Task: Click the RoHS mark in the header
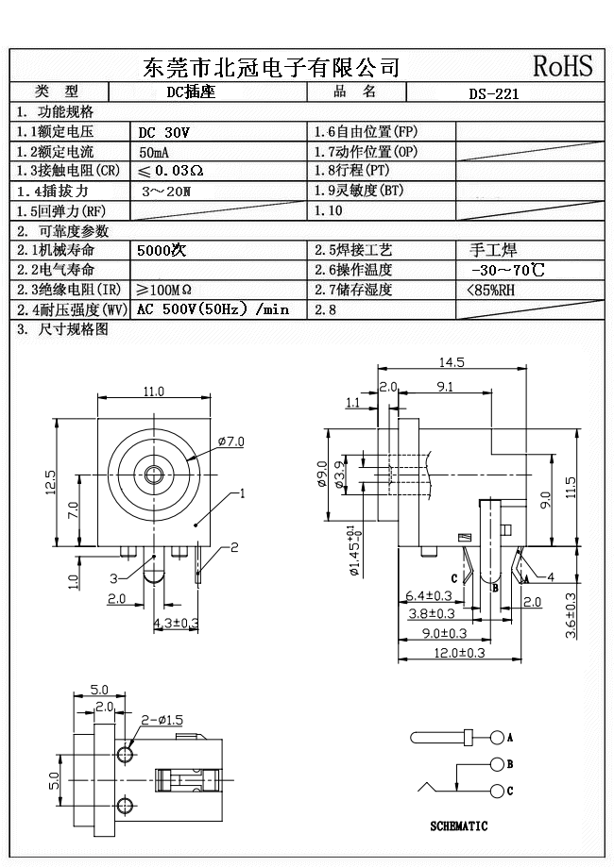[563, 66]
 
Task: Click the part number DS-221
[494, 93]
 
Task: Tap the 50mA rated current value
[156, 152]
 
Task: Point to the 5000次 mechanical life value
[162, 251]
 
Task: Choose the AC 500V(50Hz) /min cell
[213, 309]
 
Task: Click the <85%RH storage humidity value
[491, 290]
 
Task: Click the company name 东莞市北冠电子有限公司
[271, 67]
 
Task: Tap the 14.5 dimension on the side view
[452, 362]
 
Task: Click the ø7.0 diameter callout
[230, 441]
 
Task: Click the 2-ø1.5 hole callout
[161, 720]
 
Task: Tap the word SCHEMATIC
[459, 826]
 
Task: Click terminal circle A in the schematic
[497, 737]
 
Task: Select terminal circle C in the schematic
[497, 790]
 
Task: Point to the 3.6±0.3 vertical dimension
[571, 616]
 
